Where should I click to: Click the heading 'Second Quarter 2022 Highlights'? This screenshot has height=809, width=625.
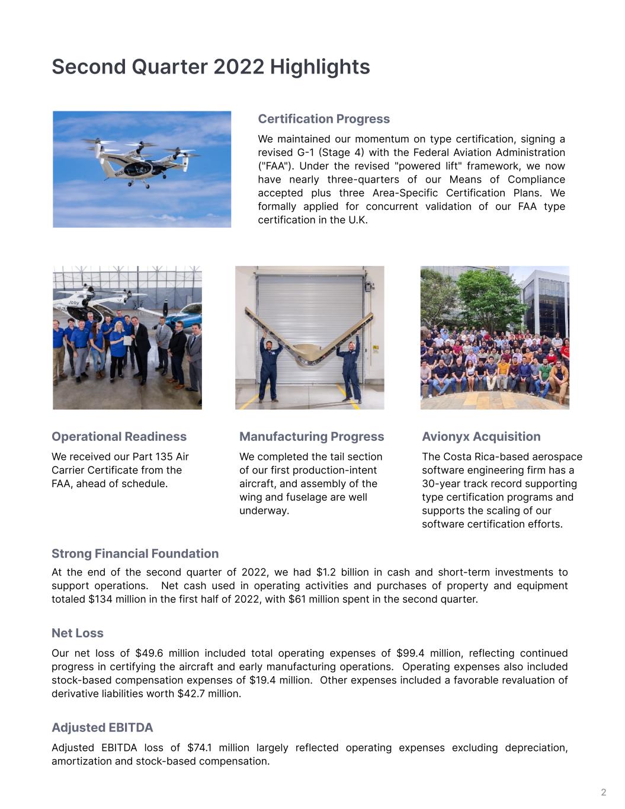(211, 67)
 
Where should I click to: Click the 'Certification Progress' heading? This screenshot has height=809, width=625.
(323, 119)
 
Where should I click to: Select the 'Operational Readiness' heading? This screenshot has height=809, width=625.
(119, 437)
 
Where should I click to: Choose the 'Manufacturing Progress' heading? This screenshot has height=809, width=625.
(312, 437)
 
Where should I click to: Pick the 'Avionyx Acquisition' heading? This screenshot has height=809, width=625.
(481, 437)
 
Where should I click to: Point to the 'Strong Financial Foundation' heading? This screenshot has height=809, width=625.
(135, 554)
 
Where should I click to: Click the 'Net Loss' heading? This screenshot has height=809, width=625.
(78, 633)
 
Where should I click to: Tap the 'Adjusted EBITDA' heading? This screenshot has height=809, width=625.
(102, 727)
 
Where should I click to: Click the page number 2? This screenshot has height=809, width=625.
(604, 792)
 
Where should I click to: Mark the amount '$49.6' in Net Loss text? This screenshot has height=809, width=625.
(149, 653)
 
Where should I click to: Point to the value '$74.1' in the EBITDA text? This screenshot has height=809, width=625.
(200, 747)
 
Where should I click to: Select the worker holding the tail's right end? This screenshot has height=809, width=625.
(349, 370)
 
